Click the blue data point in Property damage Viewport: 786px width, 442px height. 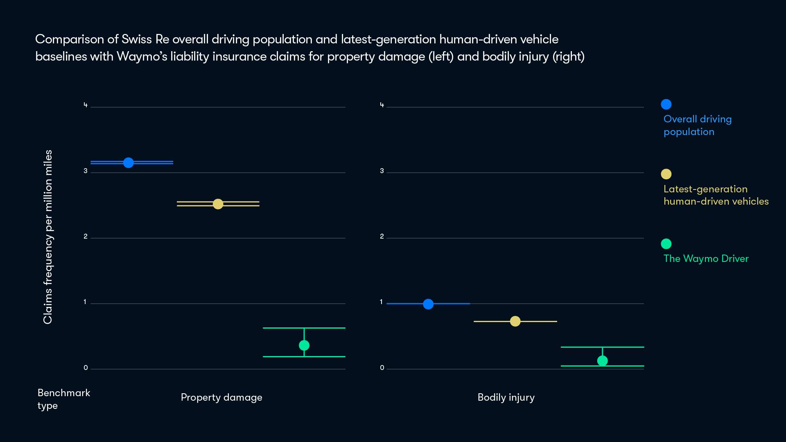(x=128, y=162)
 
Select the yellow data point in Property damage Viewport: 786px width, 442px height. (x=218, y=204)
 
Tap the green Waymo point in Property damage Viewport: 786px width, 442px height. (x=304, y=345)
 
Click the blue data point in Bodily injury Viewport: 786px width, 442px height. (x=428, y=304)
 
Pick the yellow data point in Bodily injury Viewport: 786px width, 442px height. (x=515, y=321)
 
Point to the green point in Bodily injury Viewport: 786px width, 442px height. (x=602, y=361)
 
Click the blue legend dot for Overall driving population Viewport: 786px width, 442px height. (x=666, y=104)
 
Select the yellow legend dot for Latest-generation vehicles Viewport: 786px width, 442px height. (x=666, y=174)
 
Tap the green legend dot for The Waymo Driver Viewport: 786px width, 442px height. (x=666, y=244)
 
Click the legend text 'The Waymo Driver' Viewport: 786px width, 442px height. (x=706, y=259)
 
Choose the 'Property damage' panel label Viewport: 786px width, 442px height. (x=221, y=397)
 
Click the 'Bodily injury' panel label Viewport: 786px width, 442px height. (x=506, y=397)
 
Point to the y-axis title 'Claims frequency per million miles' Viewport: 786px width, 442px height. (x=48, y=237)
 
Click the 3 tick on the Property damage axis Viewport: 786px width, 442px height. (x=86, y=171)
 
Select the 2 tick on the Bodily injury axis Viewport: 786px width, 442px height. (x=382, y=237)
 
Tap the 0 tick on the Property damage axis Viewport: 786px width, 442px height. (x=86, y=368)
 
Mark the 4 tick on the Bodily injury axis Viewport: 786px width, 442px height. (x=382, y=105)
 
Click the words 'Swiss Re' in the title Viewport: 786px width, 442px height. (x=145, y=39)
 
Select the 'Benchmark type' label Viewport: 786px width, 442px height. (x=63, y=399)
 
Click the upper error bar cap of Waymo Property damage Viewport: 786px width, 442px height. (x=304, y=328)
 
